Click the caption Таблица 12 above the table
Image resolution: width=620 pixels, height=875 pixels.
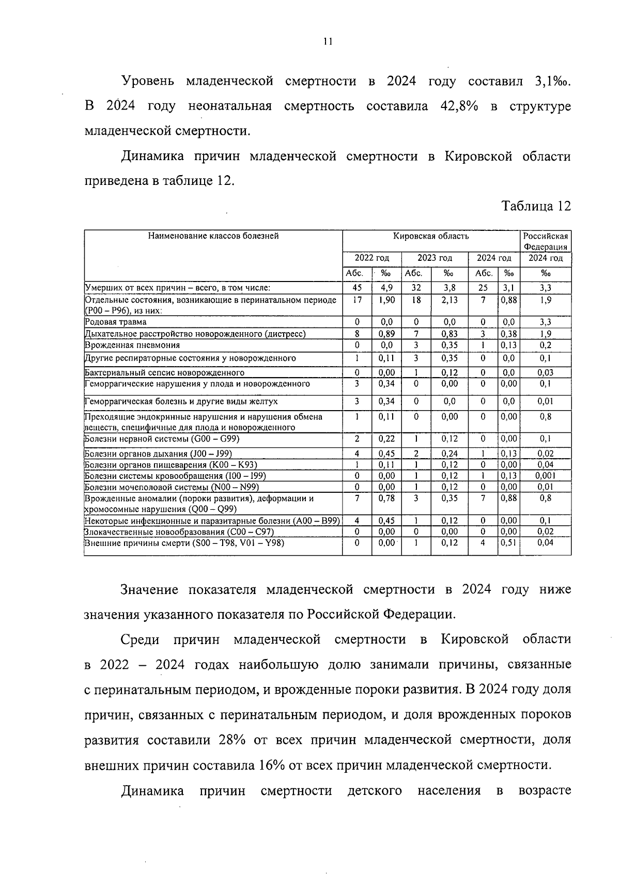coord(537,206)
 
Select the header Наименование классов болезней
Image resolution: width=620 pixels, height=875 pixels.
coord(213,236)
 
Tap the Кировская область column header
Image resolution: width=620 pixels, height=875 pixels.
coord(431,236)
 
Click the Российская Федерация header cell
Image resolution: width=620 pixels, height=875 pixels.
coord(545,241)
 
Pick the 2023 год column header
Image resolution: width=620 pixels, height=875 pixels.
coord(435,258)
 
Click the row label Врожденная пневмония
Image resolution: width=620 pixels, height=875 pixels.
coord(132,345)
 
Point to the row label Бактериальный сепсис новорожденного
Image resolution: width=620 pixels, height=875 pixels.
coord(164,372)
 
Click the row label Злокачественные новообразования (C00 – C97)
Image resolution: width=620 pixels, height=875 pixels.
coord(179,532)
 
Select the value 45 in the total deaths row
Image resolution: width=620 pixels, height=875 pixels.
coord(357,288)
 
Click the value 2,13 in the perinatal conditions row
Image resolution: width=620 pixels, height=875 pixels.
coord(449,300)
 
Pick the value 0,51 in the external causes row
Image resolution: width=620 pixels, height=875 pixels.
coord(509,542)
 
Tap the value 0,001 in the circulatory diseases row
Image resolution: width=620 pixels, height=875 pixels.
coord(545,476)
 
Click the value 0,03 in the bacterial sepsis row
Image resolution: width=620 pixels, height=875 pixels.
coord(545,372)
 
